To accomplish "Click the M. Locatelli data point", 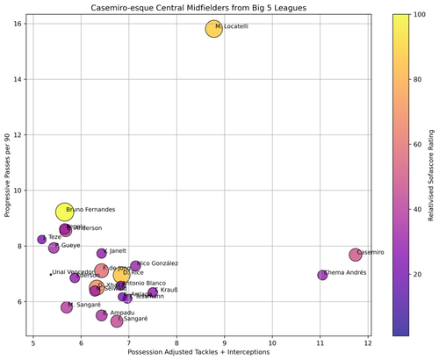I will (214, 29).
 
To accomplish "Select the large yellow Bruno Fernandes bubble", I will (65, 212).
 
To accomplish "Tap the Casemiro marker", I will (355, 255).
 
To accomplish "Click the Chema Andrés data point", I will (322, 275).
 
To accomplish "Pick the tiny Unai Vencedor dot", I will (50, 274).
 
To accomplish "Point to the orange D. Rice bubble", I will (121, 276).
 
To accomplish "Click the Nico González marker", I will (135, 265).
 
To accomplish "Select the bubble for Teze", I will (42, 239).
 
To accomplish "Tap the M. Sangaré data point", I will (67, 307).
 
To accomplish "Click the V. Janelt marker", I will (102, 254).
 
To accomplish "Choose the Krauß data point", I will (153, 292).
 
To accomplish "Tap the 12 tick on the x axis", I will (368, 340).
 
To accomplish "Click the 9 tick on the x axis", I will (225, 340).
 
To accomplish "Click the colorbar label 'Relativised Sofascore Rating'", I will (430, 175).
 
